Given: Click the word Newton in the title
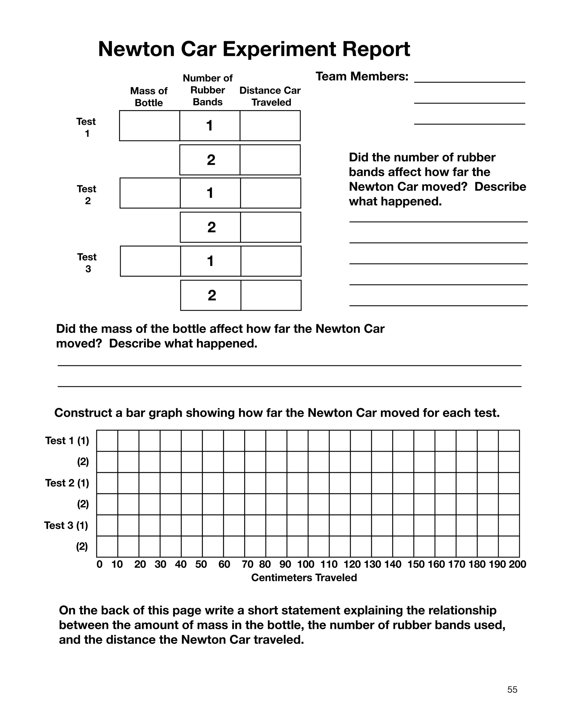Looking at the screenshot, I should point(136,49).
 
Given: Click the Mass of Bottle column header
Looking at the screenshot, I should point(149,97).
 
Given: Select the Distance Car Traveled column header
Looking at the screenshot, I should point(270,96).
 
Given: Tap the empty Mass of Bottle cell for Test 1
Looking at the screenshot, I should point(150,126).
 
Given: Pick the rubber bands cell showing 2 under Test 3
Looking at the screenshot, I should point(211,295).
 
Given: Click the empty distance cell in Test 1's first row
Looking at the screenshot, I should point(270,126).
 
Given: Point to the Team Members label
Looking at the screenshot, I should point(362,76).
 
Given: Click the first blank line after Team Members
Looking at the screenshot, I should point(470,80).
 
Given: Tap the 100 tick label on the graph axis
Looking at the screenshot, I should point(306,564).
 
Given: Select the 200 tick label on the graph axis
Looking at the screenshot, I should point(517,564).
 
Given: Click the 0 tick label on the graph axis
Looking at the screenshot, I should point(99,564).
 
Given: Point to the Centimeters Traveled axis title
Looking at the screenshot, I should point(304,578).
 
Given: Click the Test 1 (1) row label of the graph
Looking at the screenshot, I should point(67,441).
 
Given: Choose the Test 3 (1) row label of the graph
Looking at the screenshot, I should point(66,525).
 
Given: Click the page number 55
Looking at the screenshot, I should point(512,690).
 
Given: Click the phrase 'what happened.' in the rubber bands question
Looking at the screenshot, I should point(395,201).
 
